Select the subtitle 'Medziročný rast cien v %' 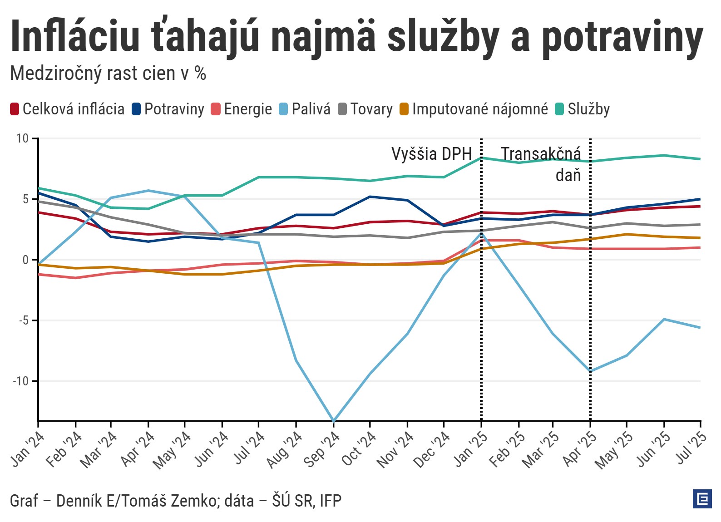(108, 73)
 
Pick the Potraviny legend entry (168, 109)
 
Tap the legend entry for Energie (242, 109)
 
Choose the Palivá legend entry (305, 109)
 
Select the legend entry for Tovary (365, 109)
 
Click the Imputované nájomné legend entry (474, 109)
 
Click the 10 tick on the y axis (22, 138)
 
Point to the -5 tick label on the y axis (24, 320)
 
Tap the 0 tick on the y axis (25, 260)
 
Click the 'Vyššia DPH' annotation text (431, 154)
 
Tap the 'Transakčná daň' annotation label (541, 163)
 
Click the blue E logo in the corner (702, 499)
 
